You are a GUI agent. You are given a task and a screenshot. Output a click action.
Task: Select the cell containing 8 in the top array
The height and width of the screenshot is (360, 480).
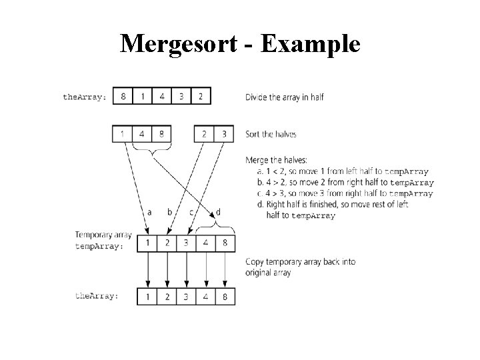point(123,96)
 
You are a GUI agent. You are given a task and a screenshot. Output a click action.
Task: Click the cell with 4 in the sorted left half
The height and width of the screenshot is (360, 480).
point(142,134)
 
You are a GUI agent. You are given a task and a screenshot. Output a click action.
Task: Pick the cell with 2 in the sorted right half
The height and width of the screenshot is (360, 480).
point(204,134)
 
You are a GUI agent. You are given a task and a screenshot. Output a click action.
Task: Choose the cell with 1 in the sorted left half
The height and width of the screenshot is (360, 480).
point(123,134)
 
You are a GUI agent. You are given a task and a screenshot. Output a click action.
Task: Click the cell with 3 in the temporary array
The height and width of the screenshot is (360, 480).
point(186,243)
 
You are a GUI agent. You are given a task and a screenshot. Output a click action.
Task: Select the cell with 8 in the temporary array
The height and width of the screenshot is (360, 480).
point(225,243)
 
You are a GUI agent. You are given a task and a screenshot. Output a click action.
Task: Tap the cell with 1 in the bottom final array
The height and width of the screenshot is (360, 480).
point(147,295)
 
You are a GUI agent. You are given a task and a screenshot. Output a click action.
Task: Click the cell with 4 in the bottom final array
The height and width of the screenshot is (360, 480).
point(206,295)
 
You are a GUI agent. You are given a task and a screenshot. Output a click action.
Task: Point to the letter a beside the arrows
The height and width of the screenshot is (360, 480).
point(149,213)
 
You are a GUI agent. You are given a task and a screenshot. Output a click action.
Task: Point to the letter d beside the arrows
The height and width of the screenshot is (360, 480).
point(218,213)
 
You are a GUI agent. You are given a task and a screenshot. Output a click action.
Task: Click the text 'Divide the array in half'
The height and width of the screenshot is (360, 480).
point(285,97)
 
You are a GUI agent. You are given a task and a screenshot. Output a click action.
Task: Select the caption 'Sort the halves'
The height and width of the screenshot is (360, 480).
point(271,134)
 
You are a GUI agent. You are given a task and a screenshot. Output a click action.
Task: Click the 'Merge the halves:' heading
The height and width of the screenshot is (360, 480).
point(277,161)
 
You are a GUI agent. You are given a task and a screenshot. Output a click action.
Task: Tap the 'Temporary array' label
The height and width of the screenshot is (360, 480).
point(103,235)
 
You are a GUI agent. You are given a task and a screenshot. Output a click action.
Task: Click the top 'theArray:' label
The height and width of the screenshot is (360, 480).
point(85,97)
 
